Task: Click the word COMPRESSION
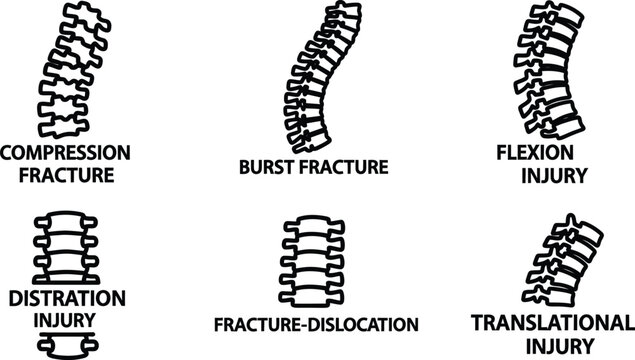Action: click(x=65, y=153)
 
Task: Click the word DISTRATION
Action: click(x=66, y=298)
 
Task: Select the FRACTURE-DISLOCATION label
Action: click(x=316, y=325)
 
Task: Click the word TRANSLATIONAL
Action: click(x=552, y=323)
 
